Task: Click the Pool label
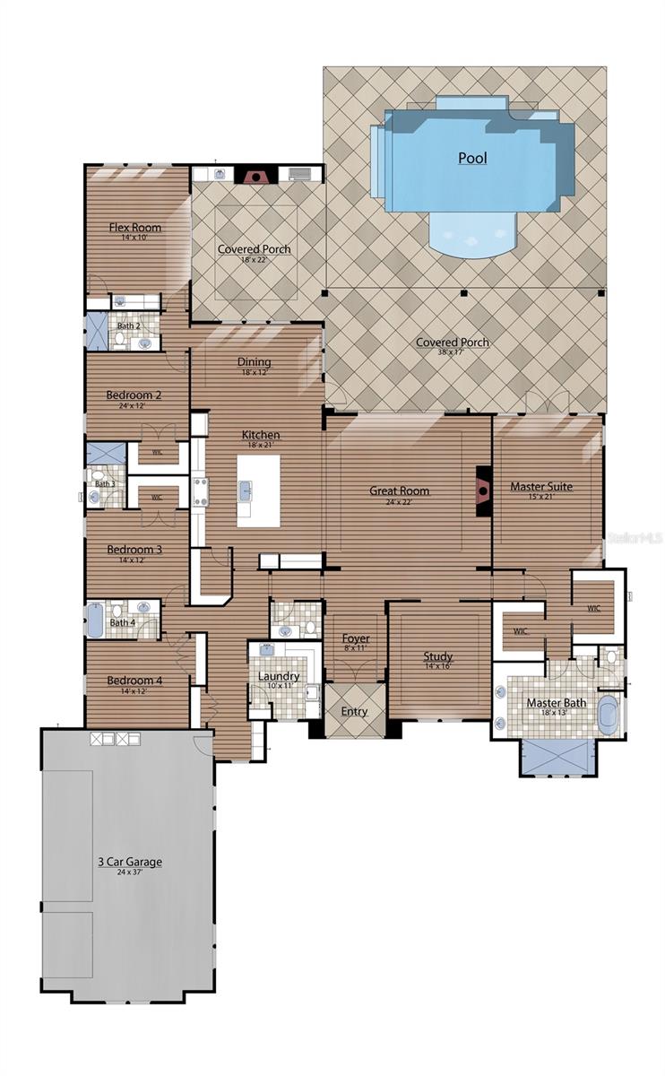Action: coord(472,158)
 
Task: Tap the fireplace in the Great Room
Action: coord(483,490)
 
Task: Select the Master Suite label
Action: coord(540,487)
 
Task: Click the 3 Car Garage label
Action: coord(130,862)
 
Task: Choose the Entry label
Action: coord(354,711)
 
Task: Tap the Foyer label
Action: coord(356,638)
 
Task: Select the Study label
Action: coord(437,656)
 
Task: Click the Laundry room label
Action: coord(279,675)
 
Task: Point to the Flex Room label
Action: coord(135,227)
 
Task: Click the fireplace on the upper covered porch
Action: coord(256,175)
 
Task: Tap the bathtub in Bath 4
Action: coord(95,620)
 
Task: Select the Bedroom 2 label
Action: coord(134,395)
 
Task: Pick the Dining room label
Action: coord(254,362)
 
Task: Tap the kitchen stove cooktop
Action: coord(200,492)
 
